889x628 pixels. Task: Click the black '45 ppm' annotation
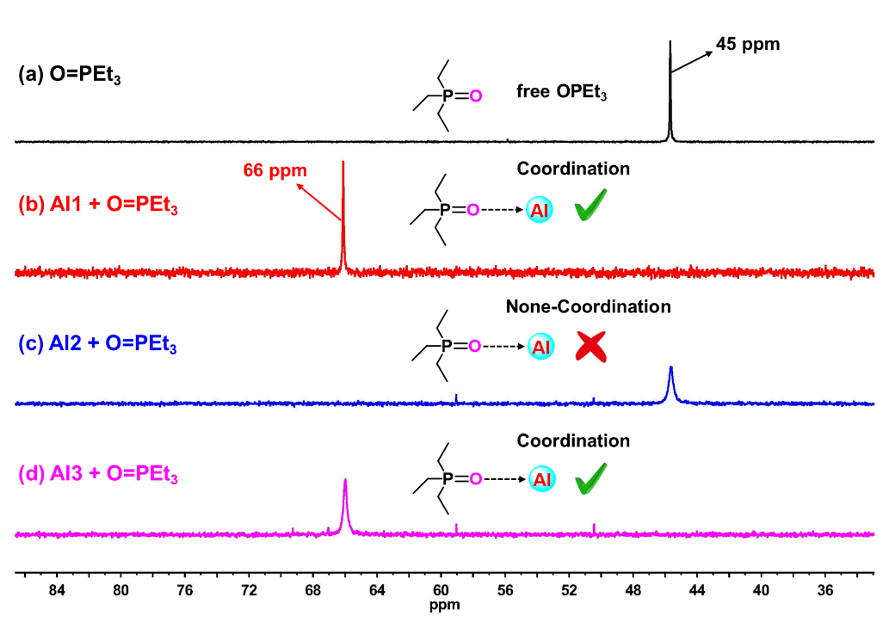point(748,43)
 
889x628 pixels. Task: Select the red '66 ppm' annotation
point(275,170)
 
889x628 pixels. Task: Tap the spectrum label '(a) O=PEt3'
point(70,75)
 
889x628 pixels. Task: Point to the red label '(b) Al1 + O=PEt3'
point(97,207)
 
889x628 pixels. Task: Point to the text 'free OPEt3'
point(562,92)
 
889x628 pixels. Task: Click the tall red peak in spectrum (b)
point(343,215)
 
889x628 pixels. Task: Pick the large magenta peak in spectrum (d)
point(346,503)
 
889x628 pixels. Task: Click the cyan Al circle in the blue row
point(541,347)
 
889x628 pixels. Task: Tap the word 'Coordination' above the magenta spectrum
point(573,440)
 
